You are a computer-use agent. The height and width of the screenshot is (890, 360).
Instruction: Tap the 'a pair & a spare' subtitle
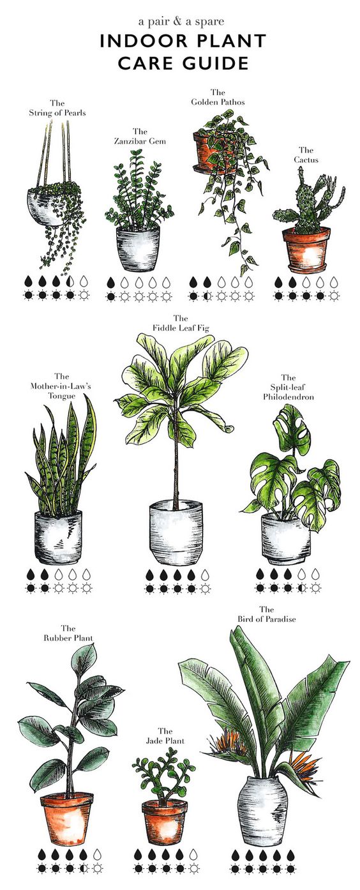click(181, 21)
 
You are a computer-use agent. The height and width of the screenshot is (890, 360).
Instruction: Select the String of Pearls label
click(57, 108)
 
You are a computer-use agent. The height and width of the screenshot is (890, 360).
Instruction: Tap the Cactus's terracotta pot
click(306, 250)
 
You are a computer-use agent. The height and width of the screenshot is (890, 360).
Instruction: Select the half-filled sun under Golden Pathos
click(207, 296)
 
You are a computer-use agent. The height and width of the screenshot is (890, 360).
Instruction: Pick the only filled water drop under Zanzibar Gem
click(111, 282)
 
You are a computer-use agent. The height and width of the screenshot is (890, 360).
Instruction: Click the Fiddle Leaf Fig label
click(181, 323)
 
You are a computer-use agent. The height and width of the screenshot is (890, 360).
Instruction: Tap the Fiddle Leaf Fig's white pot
click(176, 533)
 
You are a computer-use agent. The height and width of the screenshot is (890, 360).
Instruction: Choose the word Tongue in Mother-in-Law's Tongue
click(61, 396)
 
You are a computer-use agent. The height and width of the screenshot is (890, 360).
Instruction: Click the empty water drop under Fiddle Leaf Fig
click(205, 575)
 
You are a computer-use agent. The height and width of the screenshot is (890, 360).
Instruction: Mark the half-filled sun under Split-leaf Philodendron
click(301, 587)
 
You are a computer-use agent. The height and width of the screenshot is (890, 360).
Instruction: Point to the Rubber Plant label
click(68, 633)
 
